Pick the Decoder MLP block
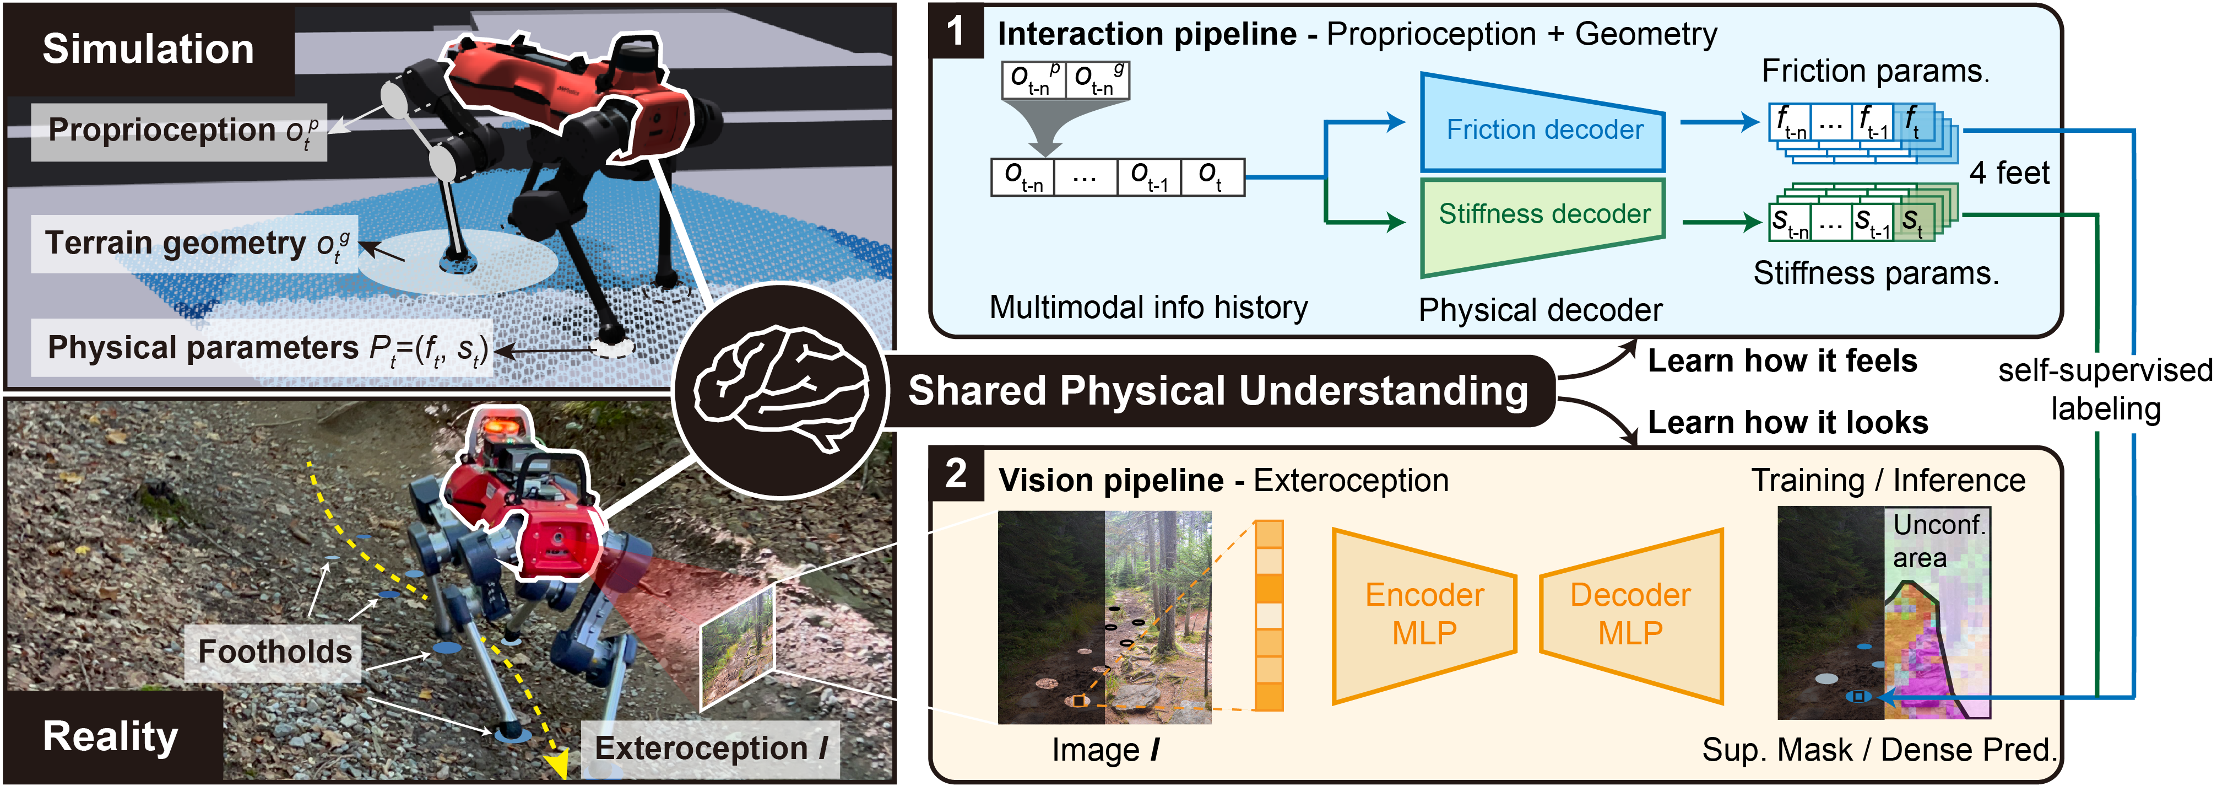point(1631,615)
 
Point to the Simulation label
point(149,49)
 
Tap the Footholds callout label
point(274,652)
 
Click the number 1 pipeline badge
point(955,32)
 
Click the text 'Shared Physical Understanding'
point(1218,391)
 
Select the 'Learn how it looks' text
point(1787,423)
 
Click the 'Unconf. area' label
point(1939,541)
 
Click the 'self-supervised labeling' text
point(2105,389)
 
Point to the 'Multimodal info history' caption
point(1148,308)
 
